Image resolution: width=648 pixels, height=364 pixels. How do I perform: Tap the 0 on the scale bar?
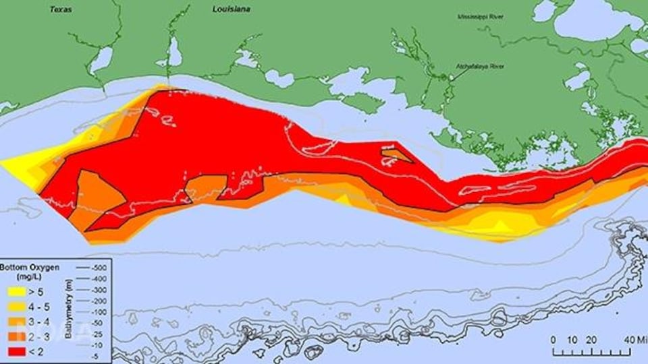(553, 339)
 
